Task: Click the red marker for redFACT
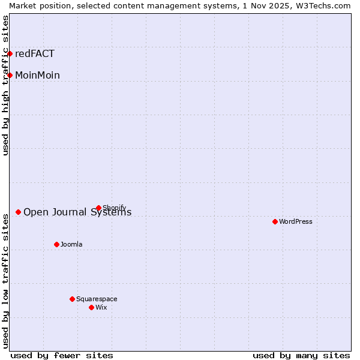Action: [x=10, y=53]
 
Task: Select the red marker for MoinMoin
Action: [x=10, y=75]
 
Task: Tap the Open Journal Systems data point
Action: [x=19, y=212]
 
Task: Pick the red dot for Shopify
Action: [x=98, y=208]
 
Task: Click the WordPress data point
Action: [x=275, y=221]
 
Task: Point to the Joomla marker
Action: [x=56, y=244]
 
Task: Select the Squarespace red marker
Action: [x=72, y=299]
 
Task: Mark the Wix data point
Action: [x=91, y=307]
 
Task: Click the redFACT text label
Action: [x=35, y=53]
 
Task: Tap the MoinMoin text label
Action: [x=37, y=75]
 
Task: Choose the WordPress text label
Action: [x=296, y=221]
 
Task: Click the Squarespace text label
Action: [x=97, y=299]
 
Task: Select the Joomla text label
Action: [x=71, y=244]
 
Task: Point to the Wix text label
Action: [x=101, y=307]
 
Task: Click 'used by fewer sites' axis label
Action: [x=62, y=355]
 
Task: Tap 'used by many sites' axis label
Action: [x=301, y=355]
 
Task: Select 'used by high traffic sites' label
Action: [x=5, y=86]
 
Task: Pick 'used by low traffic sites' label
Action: [x=5, y=280]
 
